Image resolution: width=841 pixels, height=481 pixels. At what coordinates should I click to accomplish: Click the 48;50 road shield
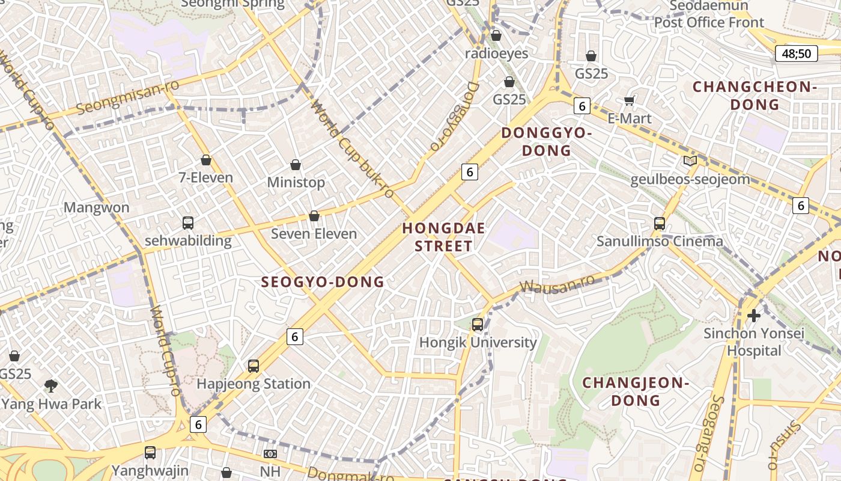click(796, 54)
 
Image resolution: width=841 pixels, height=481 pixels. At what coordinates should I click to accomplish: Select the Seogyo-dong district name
click(323, 281)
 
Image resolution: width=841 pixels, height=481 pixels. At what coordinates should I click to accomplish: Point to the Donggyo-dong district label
click(546, 141)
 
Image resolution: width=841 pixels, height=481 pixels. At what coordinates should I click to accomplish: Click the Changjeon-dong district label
click(635, 391)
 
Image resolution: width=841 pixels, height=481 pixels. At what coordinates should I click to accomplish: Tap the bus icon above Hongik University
click(478, 325)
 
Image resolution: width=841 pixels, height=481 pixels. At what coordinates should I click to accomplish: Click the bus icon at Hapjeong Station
click(254, 366)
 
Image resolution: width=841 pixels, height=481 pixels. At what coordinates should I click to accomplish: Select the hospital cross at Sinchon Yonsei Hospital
click(753, 315)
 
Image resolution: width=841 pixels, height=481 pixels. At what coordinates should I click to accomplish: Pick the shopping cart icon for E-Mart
click(630, 100)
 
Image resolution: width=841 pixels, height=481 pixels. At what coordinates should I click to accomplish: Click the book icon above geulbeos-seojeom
click(690, 161)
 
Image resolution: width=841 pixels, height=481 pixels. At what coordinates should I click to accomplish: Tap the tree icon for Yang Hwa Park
click(51, 385)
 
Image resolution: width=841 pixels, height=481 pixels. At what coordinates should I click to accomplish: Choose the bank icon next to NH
click(270, 454)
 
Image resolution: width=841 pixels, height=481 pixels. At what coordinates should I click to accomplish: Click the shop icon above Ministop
click(296, 164)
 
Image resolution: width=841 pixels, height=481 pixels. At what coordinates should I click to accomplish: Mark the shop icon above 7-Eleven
click(206, 160)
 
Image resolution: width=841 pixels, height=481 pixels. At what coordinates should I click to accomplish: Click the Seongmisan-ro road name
click(128, 97)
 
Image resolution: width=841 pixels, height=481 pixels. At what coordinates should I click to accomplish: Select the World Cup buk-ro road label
click(353, 150)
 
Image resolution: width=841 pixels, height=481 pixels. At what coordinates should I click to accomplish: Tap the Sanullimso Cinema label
click(660, 241)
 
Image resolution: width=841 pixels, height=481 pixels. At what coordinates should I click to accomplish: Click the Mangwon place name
click(96, 207)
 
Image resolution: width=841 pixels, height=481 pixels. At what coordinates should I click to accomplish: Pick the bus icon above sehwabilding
click(188, 223)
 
